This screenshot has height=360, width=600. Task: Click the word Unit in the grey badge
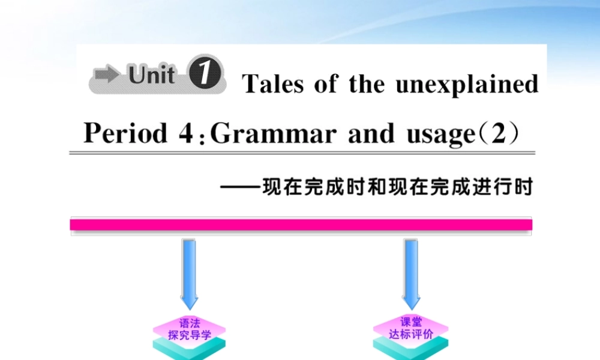(x=152, y=76)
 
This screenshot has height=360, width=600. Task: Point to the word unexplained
(x=467, y=85)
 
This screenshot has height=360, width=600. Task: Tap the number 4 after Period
(x=185, y=133)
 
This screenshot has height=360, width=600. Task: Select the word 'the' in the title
(x=367, y=84)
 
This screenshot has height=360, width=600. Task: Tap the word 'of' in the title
(x=325, y=84)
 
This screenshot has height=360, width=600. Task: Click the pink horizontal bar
(x=301, y=225)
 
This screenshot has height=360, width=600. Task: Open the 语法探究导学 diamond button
(x=190, y=329)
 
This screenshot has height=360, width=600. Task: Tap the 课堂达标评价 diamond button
(x=410, y=329)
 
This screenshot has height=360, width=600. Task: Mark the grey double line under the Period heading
(x=300, y=153)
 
